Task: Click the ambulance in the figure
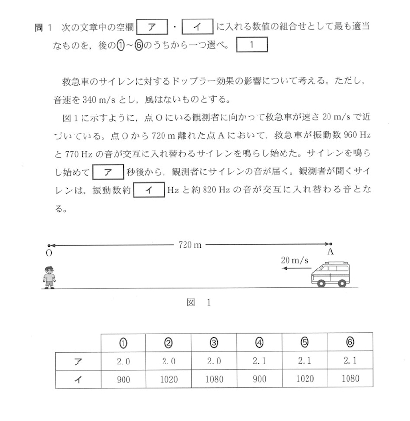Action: click(331, 275)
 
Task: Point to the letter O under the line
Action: click(49, 253)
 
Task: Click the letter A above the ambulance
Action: click(330, 252)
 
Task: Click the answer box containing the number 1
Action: click(252, 45)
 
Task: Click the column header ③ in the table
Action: click(214, 343)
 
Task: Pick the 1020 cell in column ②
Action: click(168, 379)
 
